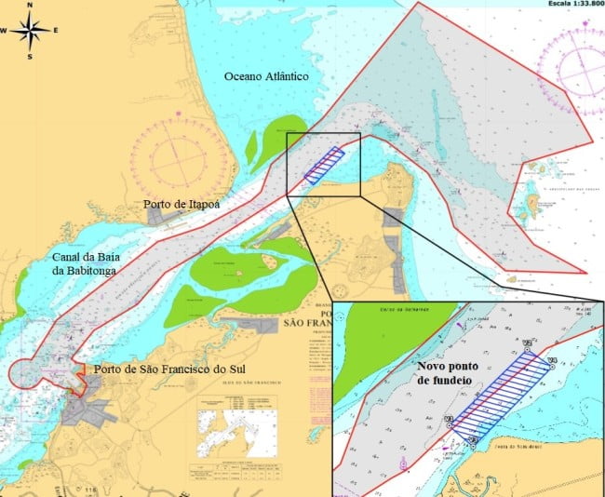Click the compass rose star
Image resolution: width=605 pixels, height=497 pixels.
[x=30, y=32]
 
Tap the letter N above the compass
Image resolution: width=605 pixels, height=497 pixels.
[x=30, y=6]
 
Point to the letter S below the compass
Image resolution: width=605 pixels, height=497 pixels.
[x=30, y=57]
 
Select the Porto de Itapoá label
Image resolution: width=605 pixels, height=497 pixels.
[x=181, y=204]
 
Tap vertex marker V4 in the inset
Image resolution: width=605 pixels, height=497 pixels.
[x=551, y=362]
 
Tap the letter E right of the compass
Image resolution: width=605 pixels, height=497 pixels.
[x=55, y=31]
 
